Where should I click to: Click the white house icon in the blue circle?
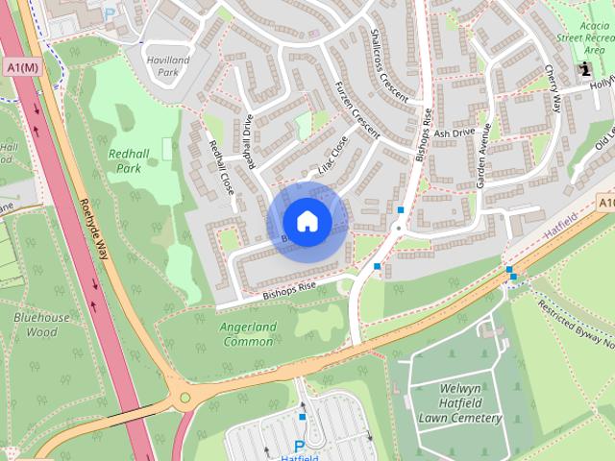coord(307,222)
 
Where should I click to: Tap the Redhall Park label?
coord(131,160)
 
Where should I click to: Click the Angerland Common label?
coord(248,333)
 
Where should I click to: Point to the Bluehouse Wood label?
coord(41,325)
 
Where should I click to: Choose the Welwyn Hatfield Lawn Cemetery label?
coord(459,403)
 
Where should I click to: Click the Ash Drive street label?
coord(455,133)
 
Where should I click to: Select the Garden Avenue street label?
coord(486,154)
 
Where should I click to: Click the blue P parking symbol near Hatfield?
coord(299,447)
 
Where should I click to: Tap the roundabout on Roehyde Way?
coord(183,396)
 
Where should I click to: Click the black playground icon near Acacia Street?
coord(585,69)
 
